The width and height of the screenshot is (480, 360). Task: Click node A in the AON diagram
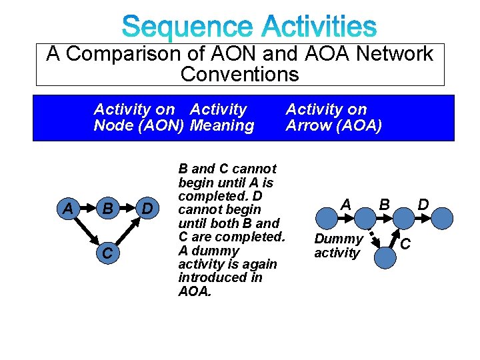click(67, 210)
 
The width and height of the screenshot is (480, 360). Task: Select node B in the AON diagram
click(106, 210)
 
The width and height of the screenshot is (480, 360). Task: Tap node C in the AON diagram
click(106, 253)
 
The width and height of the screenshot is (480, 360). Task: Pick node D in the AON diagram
click(147, 210)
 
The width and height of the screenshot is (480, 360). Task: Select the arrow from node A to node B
click(86, 210)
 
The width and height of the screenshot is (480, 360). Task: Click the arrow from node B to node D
click(126, 210)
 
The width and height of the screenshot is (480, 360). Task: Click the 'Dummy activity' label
click(338, 245)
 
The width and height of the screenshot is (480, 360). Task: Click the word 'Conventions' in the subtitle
click(239, 74)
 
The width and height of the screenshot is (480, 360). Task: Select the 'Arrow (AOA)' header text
click(333, 126)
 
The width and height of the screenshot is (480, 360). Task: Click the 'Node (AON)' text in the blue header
click(139, 126)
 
